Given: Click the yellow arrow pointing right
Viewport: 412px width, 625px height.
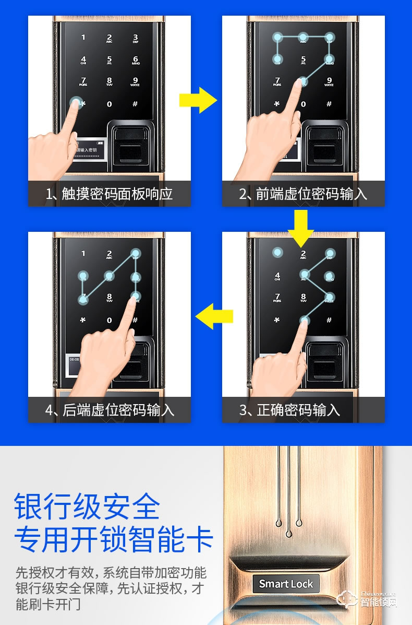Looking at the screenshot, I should point(198,100).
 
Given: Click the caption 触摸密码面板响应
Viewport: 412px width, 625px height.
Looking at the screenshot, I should point(110,194).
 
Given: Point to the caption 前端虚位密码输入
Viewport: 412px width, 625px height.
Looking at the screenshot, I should point(304,194).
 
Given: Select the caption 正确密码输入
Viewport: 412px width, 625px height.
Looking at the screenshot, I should point(290,410).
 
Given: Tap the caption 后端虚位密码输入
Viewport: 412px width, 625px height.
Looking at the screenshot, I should point(110,410).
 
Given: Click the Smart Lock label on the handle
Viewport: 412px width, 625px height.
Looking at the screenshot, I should point(286,584).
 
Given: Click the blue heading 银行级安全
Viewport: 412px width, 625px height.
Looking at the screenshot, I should point(87,506).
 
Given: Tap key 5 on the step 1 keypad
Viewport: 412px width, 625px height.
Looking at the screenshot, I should point(109,60).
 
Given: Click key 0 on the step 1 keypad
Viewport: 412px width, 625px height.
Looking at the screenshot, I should point(109,104).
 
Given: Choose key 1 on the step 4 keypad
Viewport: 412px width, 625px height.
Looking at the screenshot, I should point(83,254).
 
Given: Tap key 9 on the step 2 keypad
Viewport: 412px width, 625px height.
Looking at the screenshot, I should point(329,81).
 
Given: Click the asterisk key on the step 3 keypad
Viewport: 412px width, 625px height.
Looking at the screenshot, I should point(277,320).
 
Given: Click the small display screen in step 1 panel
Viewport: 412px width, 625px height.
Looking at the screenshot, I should point(91,149).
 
